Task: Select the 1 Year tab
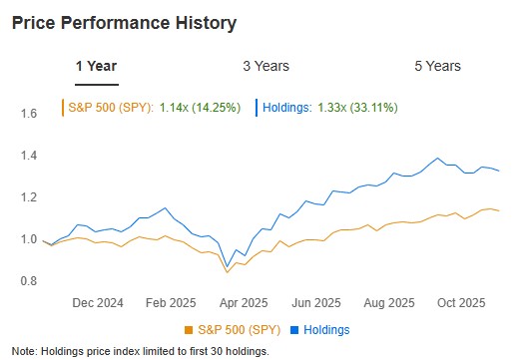pos(96,66)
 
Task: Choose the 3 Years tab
pos(266,66)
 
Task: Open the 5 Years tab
pos(437,66)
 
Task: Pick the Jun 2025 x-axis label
pos(317,301)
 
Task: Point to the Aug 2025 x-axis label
pos(388,301)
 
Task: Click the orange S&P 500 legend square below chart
pos(189,329)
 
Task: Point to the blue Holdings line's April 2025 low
pos(228,265)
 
